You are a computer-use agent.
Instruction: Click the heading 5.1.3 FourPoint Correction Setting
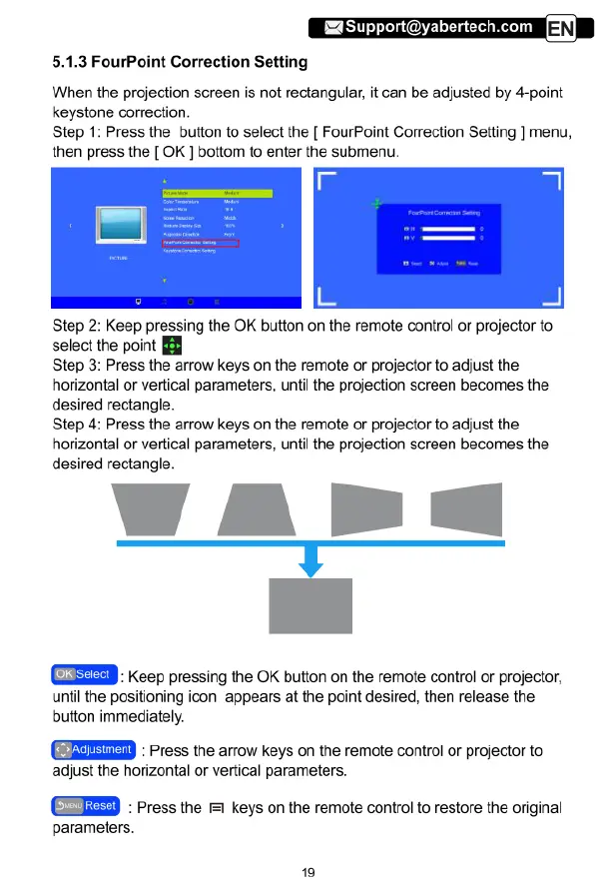pos(180,63)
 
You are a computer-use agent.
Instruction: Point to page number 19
pos(307,871)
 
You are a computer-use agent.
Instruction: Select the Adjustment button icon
pos(92,749)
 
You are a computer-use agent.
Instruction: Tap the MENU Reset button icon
pos(87,805)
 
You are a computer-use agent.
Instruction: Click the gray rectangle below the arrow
pos(311,605)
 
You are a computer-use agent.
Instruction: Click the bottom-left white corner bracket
pos(327,295)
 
